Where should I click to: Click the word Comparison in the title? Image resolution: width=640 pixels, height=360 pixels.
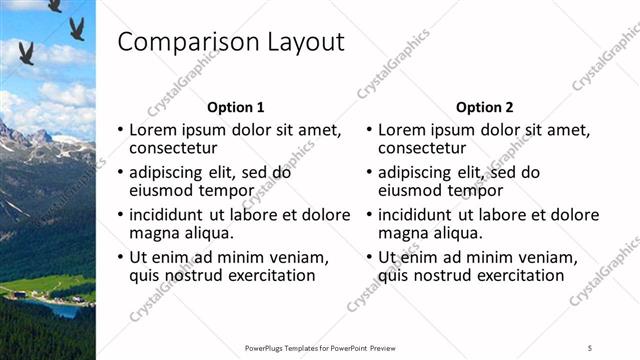coord(186,43)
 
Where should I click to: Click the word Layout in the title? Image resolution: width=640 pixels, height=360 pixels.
coord(304,43)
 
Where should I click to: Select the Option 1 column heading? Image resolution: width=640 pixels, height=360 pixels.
coord(236,107)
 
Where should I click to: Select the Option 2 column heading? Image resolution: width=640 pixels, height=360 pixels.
coord(484,107)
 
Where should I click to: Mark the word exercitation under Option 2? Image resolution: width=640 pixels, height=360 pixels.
coord(515,275)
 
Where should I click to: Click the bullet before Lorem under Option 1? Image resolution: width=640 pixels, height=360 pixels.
coord(121,131)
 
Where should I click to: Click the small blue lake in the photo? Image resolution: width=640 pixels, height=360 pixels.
coord(62,311)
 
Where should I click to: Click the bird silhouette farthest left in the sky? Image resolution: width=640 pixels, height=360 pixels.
coord(26,52)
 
